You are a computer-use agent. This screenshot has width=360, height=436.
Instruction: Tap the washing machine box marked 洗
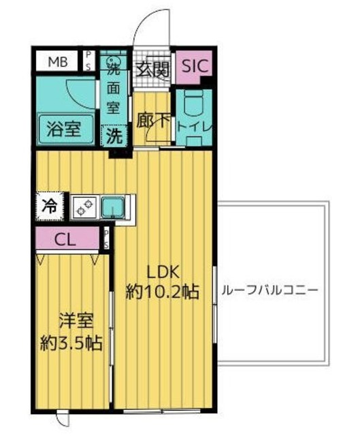pyautogui.click(x=113, y=136)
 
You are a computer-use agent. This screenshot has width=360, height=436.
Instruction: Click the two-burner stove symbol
pyautogui.click(x=84, y=205)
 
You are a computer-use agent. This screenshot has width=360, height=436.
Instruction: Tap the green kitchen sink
pyautogui.click(x=112, y=206)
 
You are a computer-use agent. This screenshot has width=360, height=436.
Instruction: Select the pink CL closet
pyautogui.click(x=69, y=239)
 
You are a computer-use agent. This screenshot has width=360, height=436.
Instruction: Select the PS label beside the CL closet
pyautogui.click(x=107, y=238)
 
